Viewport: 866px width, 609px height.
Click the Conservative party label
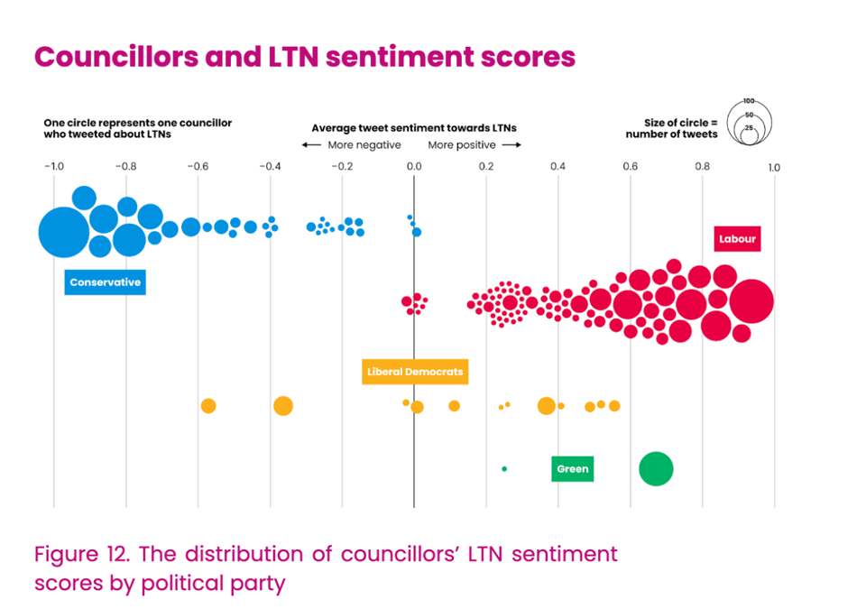tap(106, 282)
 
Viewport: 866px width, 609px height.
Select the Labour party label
tap(737, 239)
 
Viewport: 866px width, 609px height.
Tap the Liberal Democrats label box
tap(415, 372)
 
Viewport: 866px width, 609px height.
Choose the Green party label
tap(572, 469)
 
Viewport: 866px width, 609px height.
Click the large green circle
tap(656, 469)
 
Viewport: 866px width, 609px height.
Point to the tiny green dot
tap(504, 469)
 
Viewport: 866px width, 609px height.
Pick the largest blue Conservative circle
tap(63, 233)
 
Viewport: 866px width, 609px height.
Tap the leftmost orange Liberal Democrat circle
tap(208, 406)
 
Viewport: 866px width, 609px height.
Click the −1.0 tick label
tap(53, 167)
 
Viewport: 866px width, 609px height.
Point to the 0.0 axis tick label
tap(414, 167)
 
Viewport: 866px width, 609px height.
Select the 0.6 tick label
tap(631, 167)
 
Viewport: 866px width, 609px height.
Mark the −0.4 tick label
tap(269, 167)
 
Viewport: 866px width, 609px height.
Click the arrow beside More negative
tap(311, 145)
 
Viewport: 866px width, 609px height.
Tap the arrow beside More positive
tap(511, 145)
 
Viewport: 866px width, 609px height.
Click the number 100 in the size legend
tap(749, 101)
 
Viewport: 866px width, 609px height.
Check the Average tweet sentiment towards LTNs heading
tap(414, 129)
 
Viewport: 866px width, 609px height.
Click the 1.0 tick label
tap(773, 167)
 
